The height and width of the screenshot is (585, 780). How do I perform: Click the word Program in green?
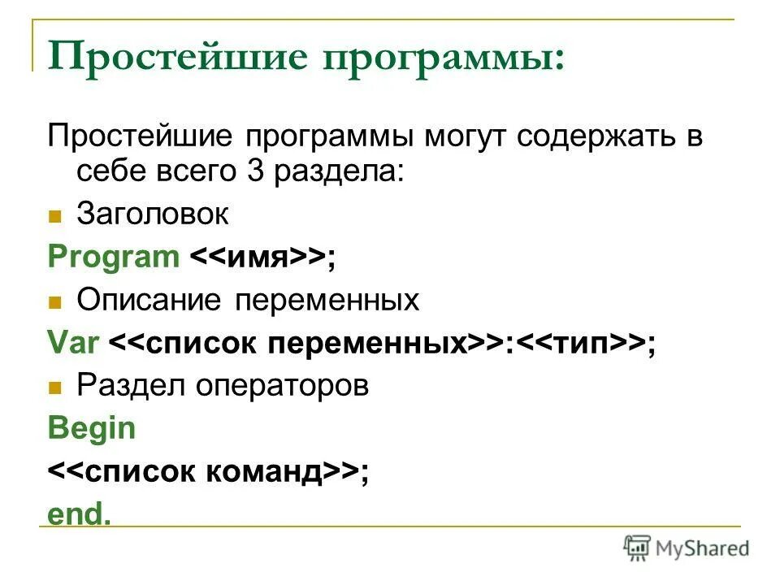point(113,258)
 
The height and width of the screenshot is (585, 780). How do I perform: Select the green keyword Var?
point(73,343)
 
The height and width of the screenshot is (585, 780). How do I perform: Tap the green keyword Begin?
point(92,429)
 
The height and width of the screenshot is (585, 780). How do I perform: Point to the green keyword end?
point(79,515)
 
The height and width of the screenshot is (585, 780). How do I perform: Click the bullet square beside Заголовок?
point(55,217)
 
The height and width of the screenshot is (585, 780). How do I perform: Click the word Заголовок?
point(153,214)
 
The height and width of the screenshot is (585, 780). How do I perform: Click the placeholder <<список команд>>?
point(204,472)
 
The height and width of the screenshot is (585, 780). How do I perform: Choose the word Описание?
point(149,301)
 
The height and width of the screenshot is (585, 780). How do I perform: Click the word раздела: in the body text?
point(342,171)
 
